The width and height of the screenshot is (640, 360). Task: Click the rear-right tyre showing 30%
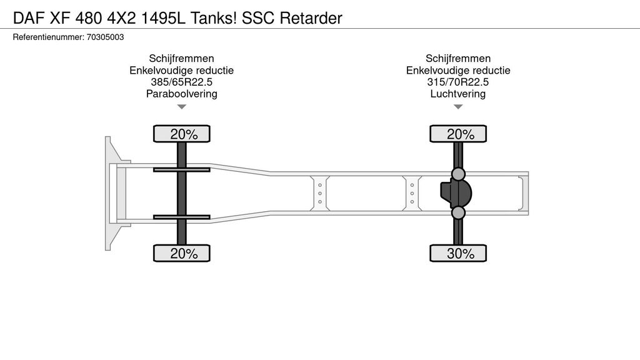pos(458,253)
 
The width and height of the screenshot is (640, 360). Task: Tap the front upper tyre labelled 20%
pos(182,134)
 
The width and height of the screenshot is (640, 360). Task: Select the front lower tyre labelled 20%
pos(182,253)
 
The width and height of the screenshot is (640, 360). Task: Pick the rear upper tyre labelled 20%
pos(458,134)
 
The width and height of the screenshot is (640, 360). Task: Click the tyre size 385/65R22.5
pos(181,82)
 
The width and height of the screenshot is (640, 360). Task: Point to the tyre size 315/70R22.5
pos(458,82)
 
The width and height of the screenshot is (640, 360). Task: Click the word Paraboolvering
pos(181,94)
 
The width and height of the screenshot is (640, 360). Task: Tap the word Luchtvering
pos(458,94)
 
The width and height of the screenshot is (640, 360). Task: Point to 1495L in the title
pos(164,18)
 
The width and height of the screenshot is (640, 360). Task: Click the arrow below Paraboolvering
pos(182,107)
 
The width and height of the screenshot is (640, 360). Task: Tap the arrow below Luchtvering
pos(458,107)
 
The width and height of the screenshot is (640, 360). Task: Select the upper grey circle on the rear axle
pos(459,174)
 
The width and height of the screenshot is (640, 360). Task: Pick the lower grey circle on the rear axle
pos(459,213)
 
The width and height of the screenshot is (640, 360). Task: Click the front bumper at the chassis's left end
pos(111,193)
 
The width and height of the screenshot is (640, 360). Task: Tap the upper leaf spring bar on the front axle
pos(181,169)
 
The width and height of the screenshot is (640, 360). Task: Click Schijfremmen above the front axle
pos(181,58)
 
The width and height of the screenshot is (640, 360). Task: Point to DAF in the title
pos(26,18)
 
